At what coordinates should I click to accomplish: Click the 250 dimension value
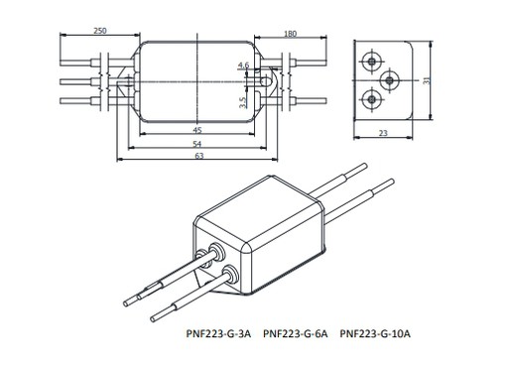click(x=100, y=31)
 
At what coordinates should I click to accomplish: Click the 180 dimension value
click(x=290, y=34)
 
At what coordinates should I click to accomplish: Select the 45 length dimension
click(x=197, y=130)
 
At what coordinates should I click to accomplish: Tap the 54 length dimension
click(x=197, y=144)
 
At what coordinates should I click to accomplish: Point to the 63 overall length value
click(x=199, y=156)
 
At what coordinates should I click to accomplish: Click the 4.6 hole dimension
click(x=243, y=65)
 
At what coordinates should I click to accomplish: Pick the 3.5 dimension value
click(x=243, y=102)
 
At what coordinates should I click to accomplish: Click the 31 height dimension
click(x=427, y=80)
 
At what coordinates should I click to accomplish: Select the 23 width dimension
click(x=383, y=133)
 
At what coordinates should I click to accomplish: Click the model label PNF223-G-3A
click(x=218, y=334)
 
